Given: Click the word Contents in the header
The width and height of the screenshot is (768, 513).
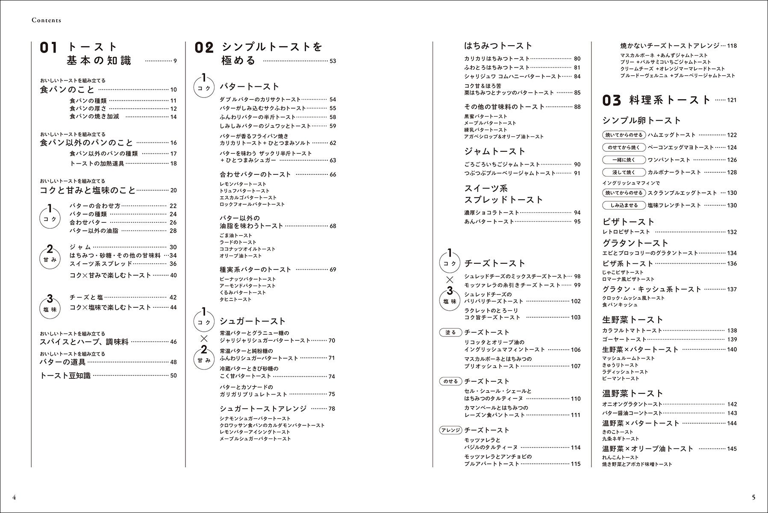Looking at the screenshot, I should click(47, 20).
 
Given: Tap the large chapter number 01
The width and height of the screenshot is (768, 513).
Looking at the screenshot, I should click(48, 48).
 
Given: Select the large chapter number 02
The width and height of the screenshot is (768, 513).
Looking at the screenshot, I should click(203, 48).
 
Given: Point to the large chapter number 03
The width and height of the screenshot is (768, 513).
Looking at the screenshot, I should click(611, 100).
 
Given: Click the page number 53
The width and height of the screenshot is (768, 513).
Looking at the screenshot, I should click(333, 61).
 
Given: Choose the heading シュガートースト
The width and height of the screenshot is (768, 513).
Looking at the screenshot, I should click(252, 321).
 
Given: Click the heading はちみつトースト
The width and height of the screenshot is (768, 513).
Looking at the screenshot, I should click(498, 45).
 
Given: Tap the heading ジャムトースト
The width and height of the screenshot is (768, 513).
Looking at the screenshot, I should click(494, 151).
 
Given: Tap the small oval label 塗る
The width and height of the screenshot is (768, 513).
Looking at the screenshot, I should click(450, 332).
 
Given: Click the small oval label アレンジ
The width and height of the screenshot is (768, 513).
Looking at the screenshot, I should click(450, 430).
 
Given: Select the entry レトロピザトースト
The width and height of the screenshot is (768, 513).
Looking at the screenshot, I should click(626, 232).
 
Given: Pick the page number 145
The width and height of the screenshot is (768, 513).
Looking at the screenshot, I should click(732, 448).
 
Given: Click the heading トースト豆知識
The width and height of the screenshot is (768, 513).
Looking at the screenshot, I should click(65, 375).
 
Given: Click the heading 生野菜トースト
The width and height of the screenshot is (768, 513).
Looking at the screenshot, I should click(633, 319).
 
